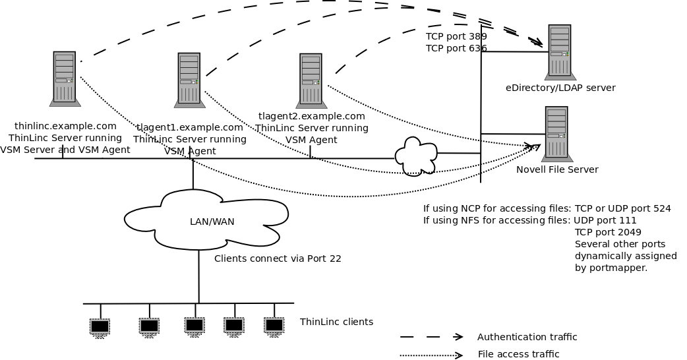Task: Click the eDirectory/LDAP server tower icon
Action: click(560, 52)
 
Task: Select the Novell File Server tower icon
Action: click(556, 134)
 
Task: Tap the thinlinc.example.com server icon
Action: click(65, 79)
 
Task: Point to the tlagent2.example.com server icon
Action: click(311, 80)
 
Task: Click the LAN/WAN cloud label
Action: click(212, 222)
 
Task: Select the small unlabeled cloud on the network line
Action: click(415, 156)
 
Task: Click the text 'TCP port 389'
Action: click(456, 36)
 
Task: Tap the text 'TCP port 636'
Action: click(456, 48)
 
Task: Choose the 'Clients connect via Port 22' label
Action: click(278, 258)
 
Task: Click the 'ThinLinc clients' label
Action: click(336, 322)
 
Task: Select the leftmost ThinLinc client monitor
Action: click(100, 326)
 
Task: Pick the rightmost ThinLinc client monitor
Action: click(274, 325)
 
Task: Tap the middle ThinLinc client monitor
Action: click(194, 325)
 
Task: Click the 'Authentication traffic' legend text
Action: click(527, 337)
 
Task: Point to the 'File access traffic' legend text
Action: click(518, 354)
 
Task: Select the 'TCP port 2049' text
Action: click(608, 232)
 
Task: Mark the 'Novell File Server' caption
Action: click(557, 169)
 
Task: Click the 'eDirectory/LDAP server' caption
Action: click(560, 88)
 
